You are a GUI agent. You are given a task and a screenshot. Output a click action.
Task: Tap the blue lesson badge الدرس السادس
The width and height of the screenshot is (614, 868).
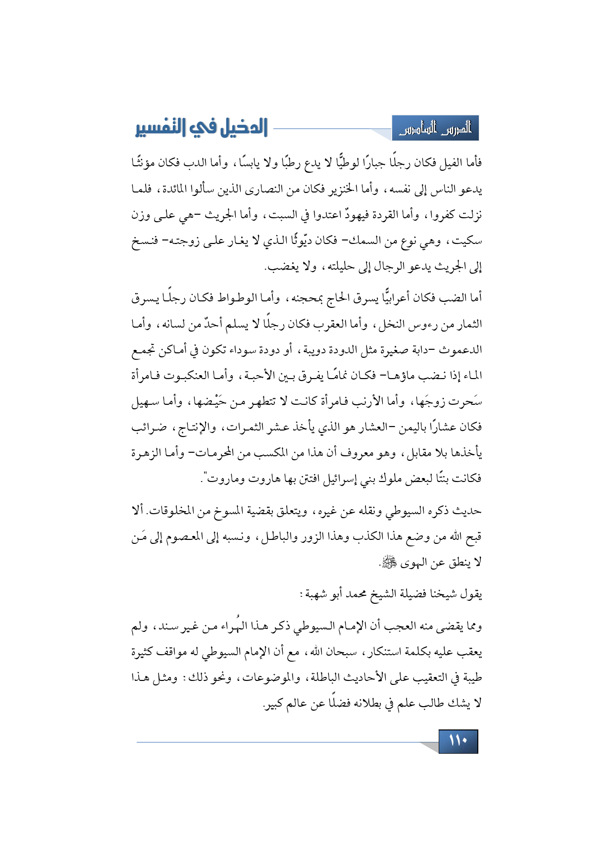(435, 129)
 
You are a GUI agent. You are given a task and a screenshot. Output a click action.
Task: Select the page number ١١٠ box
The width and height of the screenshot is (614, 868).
(458, 741)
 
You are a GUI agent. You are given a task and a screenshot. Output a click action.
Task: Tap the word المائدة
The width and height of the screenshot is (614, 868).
(170, 189)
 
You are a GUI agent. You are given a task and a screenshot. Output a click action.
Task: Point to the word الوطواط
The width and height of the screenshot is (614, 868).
(225, 298)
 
